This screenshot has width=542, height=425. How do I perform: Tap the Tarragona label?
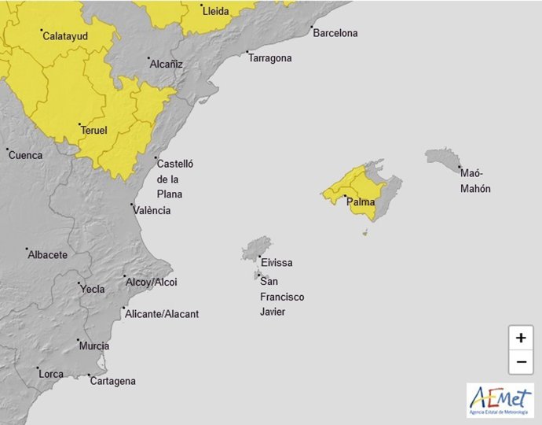pyautogui.click(x=271, y=58)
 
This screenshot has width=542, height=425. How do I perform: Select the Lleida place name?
pyautogui.click(x=216, y=12)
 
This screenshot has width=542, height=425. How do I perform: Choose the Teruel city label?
pyautogui.click(x=93, y=131)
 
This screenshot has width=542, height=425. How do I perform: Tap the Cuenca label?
pyautogui.click(x=26, y=156)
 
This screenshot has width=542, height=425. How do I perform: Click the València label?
pyautogui.click(x=152, y=211)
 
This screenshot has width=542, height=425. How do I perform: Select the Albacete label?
pyautogui.click(x=47, y=255)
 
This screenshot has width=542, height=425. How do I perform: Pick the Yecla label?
pyautogui.click(x=93, y=290)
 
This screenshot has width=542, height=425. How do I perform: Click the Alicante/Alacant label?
pyautogui.click(x=162, y=315)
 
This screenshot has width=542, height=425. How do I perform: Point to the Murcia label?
pyautogui.click(x=94, y=346)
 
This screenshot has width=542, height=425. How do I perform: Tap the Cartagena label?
pyautogui.click(x=114, y=382)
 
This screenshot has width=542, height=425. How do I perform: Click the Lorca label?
pyautogui.click(x=51, y=374)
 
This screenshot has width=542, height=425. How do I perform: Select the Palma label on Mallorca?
pyautogui.click(x=361, y=203)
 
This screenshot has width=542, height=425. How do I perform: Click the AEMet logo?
pyautogui.click(x=500, y=401)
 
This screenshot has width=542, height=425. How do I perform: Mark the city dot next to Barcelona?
pyautogui.click(x=313, y=29)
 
